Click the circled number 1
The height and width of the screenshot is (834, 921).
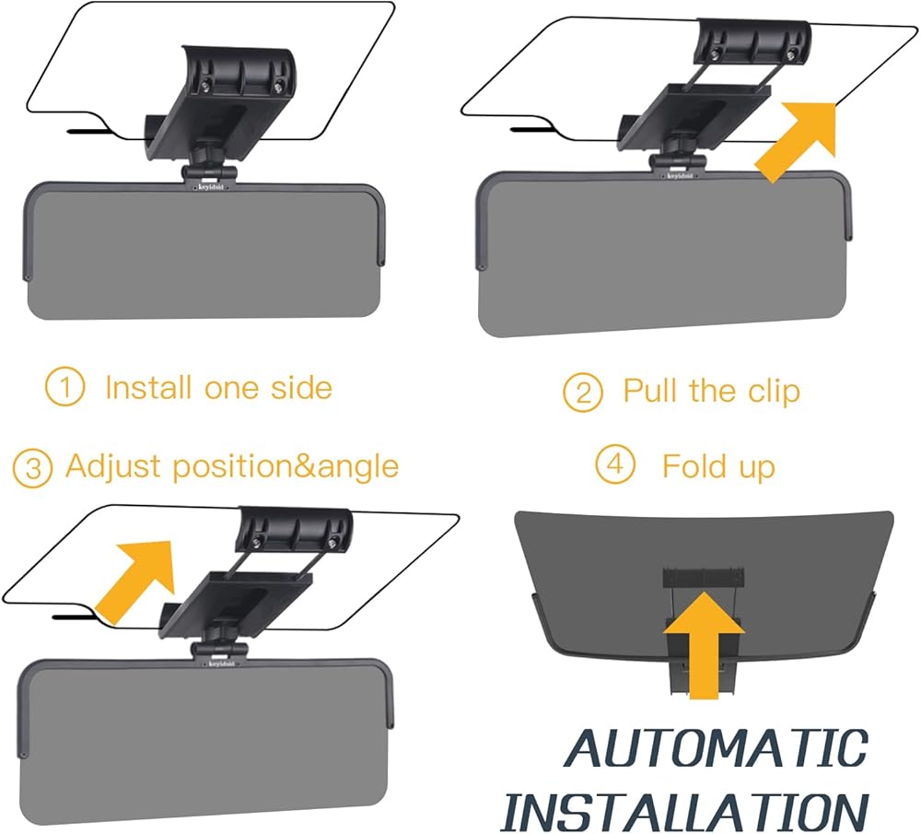pos(64,388)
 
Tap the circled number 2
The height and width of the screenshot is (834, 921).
pos(583,393)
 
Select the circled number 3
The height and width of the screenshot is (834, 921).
pos(32,467)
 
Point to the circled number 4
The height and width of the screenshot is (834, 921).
pos(614,464)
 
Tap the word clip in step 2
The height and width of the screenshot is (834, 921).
pos(771,392)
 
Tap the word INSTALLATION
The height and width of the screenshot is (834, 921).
pos(686,808)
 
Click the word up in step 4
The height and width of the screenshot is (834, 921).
pos(754,467)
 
